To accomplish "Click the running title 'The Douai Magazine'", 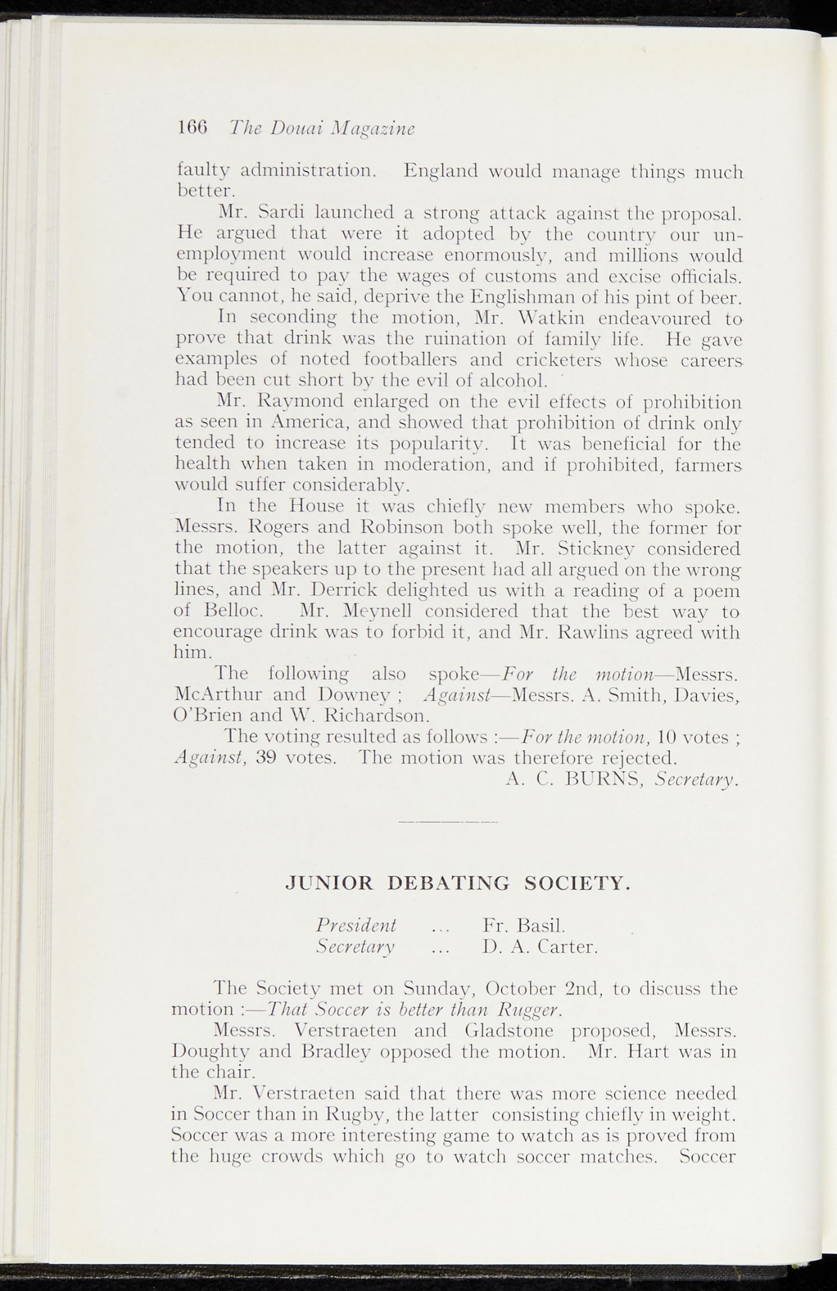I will (x=321, y=128).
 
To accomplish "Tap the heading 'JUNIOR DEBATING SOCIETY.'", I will (x=458, y=884).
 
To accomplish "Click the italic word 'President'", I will (x=356, y=925).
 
